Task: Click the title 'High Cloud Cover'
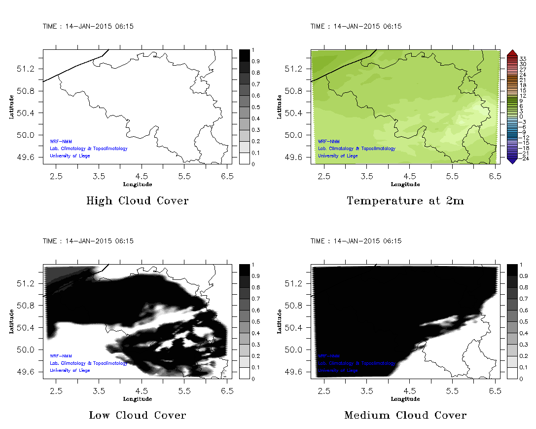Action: click(137, 201)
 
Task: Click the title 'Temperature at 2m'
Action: click(405, 201)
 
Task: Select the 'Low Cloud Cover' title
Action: click(137, 415)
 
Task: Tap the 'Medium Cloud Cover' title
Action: click(405, 415)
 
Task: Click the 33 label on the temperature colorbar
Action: click(523, 59)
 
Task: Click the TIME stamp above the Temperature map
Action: click(356, 27)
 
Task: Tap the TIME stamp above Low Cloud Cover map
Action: click(88, 241)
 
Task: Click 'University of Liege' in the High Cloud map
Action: click(70, 156)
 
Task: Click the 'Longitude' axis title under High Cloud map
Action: click(137, 184)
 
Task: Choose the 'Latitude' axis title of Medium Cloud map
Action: click(279, 321)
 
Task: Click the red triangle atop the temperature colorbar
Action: click(512, 52)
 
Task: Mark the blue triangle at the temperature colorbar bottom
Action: click(512, 160)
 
